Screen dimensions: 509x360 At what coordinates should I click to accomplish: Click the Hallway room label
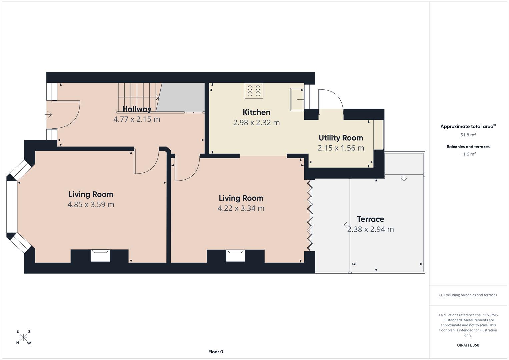click(x=137, y=109)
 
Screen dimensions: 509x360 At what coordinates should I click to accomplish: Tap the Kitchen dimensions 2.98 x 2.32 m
click(x=256, y=123)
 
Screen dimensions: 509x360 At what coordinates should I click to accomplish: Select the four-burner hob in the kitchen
click(x=254, y=91)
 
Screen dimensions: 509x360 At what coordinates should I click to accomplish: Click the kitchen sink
click(x=297, y=99)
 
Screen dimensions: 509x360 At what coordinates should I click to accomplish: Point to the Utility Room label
click(x=341, y=138)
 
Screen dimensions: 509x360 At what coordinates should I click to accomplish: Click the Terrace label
click(x=370, y=219)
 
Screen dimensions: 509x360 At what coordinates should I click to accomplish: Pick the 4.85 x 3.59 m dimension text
click(x=91, y=205)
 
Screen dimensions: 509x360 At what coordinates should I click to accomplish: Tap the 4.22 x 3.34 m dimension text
click(x=241, y=208)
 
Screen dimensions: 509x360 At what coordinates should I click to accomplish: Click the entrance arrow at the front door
click(x=48, y=115)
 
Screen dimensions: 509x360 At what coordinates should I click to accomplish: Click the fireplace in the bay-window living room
click(x=100, y=255)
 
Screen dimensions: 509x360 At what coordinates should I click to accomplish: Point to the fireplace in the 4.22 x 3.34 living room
click(x=236, y=255)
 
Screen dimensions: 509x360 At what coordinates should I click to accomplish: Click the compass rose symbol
click(x=23, y=337)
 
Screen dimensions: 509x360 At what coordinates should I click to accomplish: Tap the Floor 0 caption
click(x=216, y=352)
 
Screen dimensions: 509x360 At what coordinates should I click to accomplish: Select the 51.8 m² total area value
click(x=468, y=135)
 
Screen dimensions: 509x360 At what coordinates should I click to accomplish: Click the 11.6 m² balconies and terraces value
click(x=468, y=154)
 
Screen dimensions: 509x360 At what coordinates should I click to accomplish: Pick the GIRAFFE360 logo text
click(x=468, y=345)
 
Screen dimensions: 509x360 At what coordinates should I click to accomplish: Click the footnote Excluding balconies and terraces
click(x=468, y=295)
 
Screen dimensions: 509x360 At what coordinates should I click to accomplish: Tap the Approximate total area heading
click(x=468, y=126)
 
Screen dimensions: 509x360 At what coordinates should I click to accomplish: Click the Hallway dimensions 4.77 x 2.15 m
click(x=137, y=119)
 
